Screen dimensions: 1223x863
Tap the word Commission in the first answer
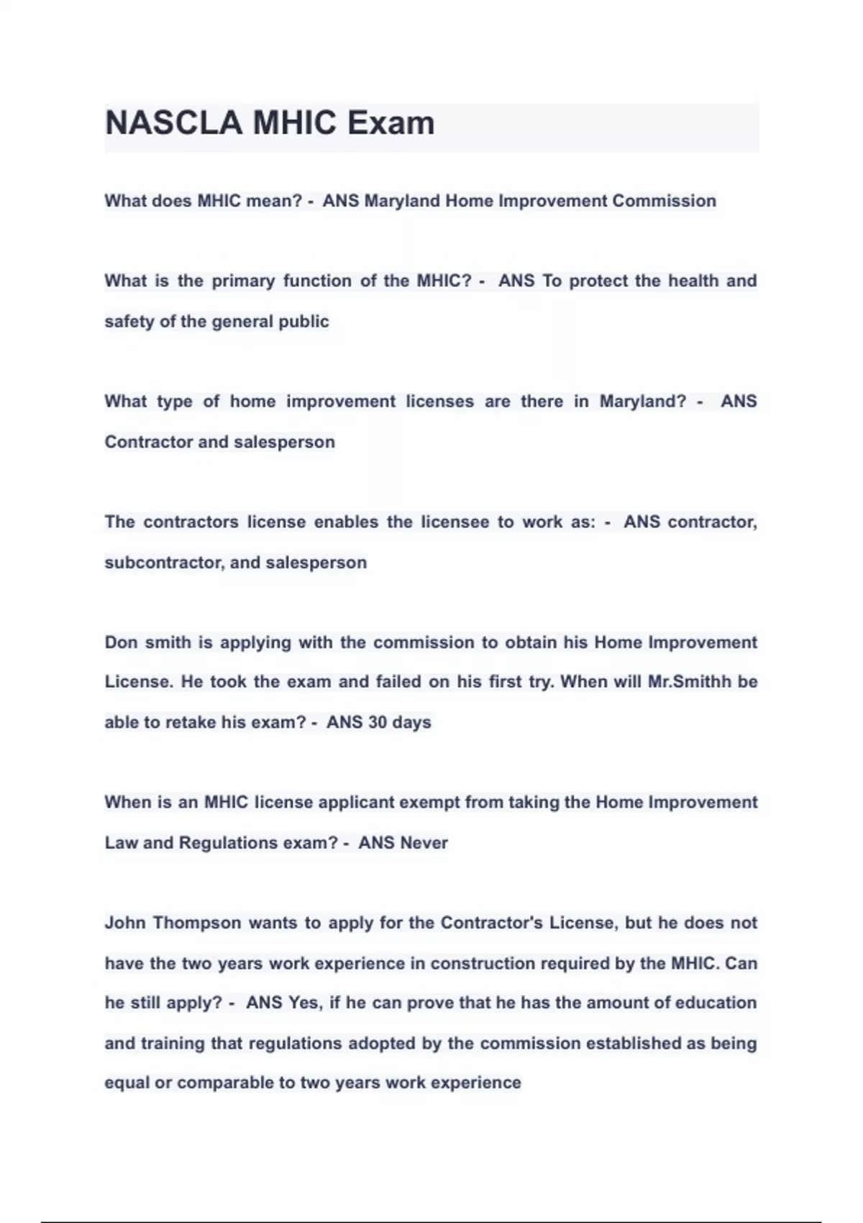click(x=664, y=201)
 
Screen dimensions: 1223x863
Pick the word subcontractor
click(x=164, y=563)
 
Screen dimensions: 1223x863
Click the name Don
click(x=121, y=642)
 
